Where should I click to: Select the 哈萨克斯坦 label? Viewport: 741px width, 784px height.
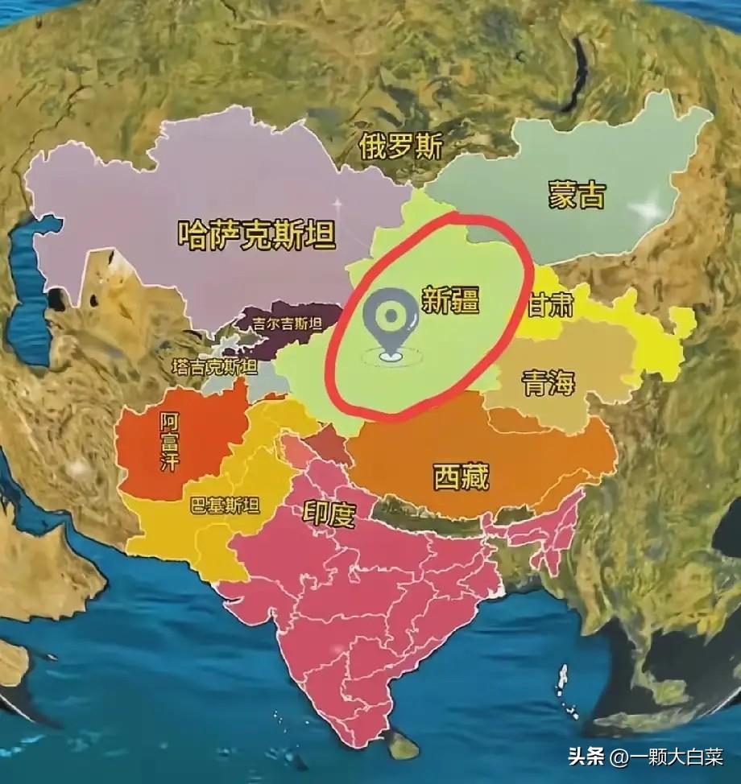(257, 235)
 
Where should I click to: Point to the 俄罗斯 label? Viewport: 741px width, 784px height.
(401, 146)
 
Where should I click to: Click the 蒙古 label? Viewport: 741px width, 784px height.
(577, 195)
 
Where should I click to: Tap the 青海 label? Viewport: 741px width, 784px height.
(549, 382)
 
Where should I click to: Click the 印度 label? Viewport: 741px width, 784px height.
(329, 513)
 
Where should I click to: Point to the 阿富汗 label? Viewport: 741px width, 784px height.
(169, 443)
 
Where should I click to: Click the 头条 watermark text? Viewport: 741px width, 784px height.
(586, 757)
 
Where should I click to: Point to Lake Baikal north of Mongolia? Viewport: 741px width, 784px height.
(578, 72)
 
